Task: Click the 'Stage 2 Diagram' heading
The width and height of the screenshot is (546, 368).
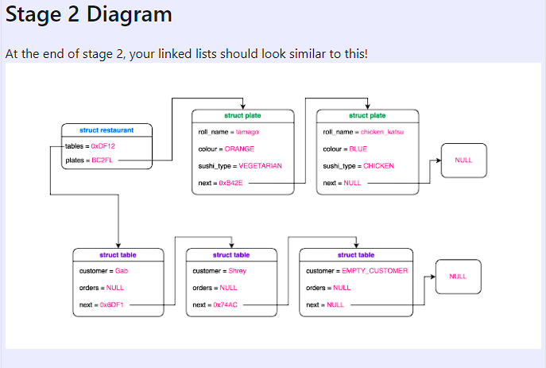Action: click(88, 14)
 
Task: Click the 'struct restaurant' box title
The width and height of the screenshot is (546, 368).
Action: click(106, 130)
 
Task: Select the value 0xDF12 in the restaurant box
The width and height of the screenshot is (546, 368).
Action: click(103, 146)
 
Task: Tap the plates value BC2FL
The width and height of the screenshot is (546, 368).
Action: click(103, 161)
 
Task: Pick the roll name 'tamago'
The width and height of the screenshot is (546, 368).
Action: click(247, 132)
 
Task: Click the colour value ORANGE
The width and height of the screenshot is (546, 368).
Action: click(239, 149)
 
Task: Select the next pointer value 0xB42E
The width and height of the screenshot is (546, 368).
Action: click(230, 183)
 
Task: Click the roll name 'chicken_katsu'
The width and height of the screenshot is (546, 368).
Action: click(382, 132)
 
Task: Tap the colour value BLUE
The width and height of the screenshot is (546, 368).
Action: click(358, 149)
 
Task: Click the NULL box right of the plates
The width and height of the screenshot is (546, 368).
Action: click(463, 161)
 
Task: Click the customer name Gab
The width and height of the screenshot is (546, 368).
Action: click(122, 271)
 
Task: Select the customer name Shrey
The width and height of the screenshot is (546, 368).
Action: click(237, 271)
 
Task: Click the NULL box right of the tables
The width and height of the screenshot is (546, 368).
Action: click(458, 277)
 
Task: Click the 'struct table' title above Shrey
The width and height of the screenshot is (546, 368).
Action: click(231, 255)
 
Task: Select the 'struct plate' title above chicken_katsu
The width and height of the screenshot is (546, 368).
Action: click(367, 116)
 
